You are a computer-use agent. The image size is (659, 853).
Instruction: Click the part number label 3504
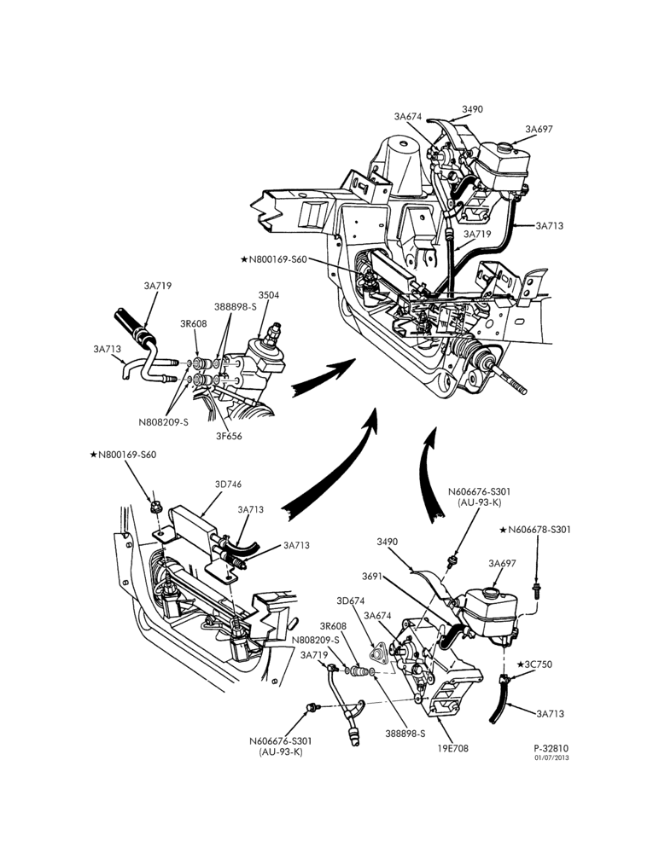269,295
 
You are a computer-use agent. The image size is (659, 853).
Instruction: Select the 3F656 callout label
229,436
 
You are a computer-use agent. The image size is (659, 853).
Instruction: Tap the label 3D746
228,485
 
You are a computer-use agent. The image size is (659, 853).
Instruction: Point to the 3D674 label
350,601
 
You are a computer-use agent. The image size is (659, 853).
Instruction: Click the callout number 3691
372,576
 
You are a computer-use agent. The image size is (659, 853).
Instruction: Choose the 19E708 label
452,748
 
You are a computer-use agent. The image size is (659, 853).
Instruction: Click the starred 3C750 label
534,664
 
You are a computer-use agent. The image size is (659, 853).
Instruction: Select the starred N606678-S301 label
535,530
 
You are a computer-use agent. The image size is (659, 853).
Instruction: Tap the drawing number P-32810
551,749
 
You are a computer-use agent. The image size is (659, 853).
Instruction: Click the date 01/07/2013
551,757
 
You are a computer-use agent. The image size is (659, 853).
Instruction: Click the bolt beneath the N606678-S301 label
536,591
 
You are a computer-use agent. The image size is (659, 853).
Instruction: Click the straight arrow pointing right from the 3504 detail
323,377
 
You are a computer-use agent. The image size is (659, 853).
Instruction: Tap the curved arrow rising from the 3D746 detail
329,465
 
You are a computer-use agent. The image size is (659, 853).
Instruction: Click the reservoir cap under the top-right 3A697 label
506,146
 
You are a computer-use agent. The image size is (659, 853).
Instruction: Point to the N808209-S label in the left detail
163,421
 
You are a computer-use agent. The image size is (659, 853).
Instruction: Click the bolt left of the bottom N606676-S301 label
312,706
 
